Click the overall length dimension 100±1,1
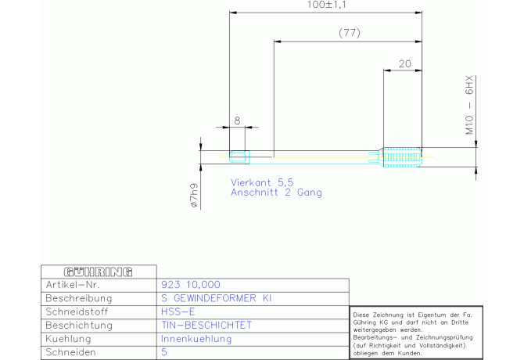coord(326,5)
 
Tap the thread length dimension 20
coord(404,64)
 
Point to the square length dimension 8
coord(238,121)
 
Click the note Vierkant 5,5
coord(261,182)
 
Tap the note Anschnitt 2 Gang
coord(275,192)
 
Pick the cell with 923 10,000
coord(189,285)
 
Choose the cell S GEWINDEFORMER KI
coord(216,298)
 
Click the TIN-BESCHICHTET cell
coord(206,325)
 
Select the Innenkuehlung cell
coord(196,338)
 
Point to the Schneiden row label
coord(70,351)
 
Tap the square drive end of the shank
coord(239,157)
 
